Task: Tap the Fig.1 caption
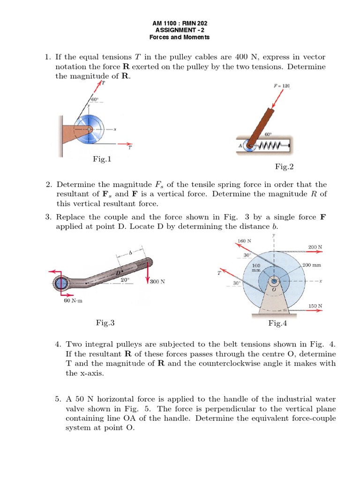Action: click(102, 159)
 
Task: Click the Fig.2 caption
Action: click(284, 166)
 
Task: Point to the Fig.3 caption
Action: click(105, 322)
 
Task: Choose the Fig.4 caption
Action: click(277, 323)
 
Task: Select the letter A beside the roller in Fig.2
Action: click(240, 146)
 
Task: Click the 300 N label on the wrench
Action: click(157, 282)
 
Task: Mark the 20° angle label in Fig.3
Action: click(125, 279)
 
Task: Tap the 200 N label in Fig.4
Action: click(315, 247)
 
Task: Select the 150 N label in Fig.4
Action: click(315, 306)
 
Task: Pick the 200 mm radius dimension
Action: click(312, 265)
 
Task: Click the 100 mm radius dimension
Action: click(256, 268)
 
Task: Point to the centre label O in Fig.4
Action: click(274, 290)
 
